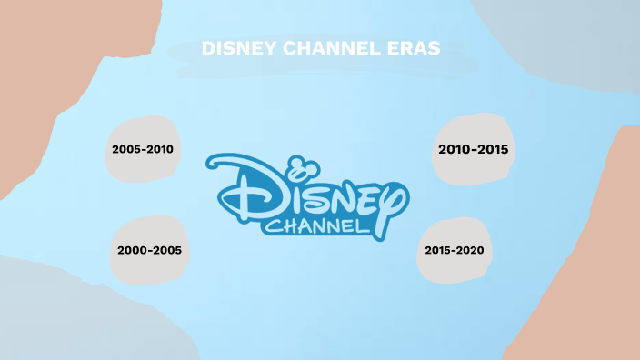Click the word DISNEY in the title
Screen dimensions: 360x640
pos(233,49)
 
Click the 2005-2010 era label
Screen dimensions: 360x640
pos(143,148)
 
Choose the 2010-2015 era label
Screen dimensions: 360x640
pos(473,148)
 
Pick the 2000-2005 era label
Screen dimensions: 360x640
pos(149,248)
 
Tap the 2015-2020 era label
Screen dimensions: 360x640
pos(455,249)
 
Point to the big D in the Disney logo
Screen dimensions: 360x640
pos(238,189)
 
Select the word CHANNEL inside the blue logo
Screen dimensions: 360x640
pos(317,225)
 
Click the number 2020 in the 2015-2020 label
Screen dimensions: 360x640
pos(470,249)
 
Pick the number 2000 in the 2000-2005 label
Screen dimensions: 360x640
pos(133,248)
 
